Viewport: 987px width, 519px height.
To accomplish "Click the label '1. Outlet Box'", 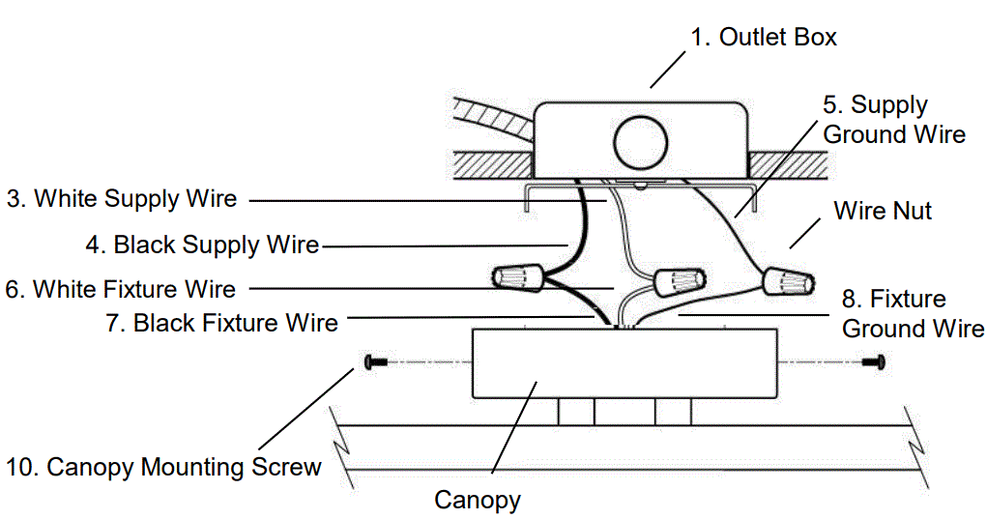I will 763,38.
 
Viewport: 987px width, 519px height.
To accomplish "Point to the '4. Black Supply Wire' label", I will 202,245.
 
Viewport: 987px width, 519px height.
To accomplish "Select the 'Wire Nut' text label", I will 883,211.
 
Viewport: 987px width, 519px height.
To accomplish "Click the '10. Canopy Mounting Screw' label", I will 163,468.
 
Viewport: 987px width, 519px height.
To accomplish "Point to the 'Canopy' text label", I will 478,501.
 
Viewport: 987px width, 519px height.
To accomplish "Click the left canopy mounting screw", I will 375,362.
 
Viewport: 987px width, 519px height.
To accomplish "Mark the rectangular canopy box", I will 624,362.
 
